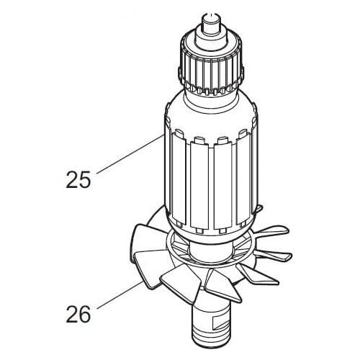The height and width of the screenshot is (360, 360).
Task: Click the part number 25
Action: (x=78, y=179)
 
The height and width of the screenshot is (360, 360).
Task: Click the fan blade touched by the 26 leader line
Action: (x=158, y=278)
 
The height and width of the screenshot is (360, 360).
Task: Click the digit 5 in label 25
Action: (x=87, y=179)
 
